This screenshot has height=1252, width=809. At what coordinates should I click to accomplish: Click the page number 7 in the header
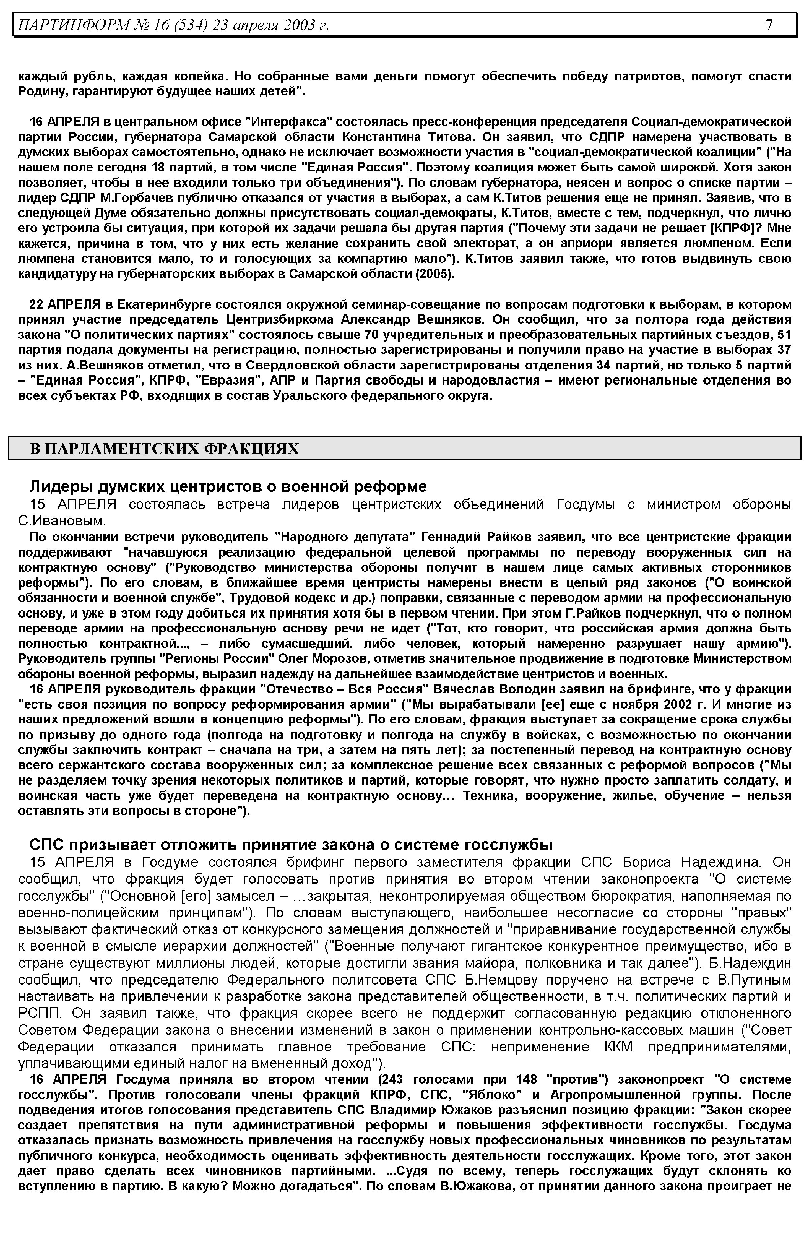click(769, 25)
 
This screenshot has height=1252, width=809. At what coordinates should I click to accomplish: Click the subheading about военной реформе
click(228, 486)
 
